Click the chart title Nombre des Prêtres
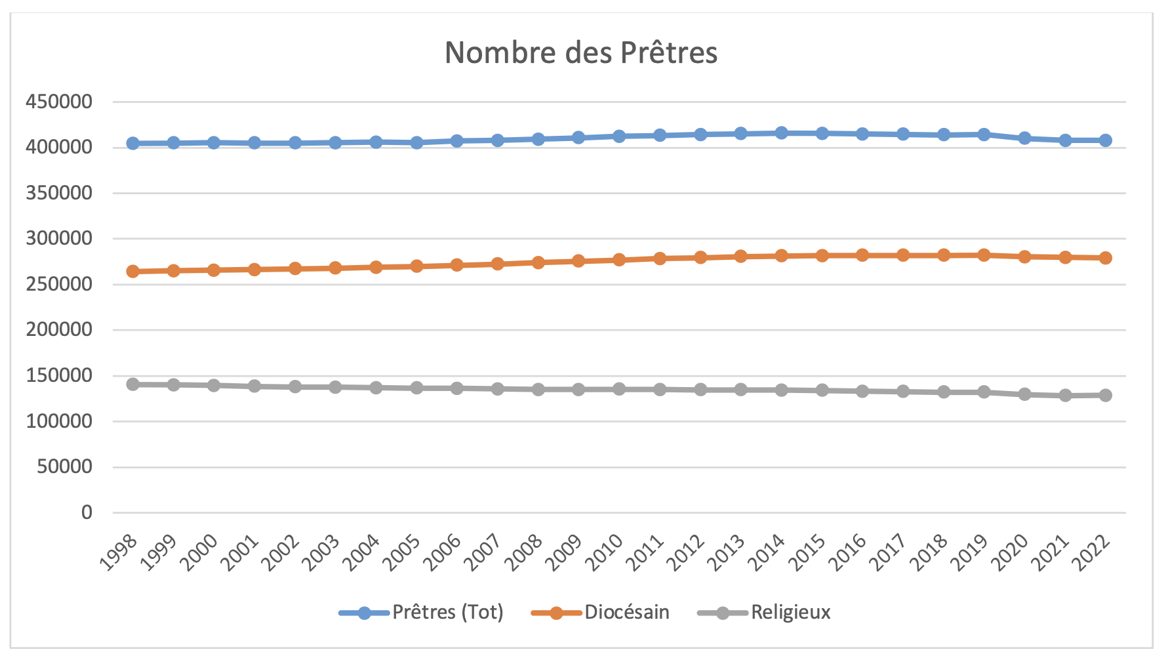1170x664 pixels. point(581,52)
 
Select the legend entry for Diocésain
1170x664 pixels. point(626,612)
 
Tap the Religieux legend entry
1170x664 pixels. point(790,612)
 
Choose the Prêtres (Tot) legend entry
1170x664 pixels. point(447,612)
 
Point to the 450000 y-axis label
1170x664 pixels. point(59,102)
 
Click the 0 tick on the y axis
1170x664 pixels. point(87,512)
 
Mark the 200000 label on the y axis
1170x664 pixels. point(59,330)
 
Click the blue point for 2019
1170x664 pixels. point(984,135)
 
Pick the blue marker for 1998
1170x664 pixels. point(133,143)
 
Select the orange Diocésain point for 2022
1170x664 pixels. point(1106,258)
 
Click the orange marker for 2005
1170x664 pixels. point(416,266)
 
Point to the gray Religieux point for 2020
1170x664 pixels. point(1024,394)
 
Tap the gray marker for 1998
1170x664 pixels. point(133,384)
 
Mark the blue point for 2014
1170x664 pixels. point(781,133)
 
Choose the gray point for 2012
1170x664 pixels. point(700,390)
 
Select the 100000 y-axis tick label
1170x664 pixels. point(59,421)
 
